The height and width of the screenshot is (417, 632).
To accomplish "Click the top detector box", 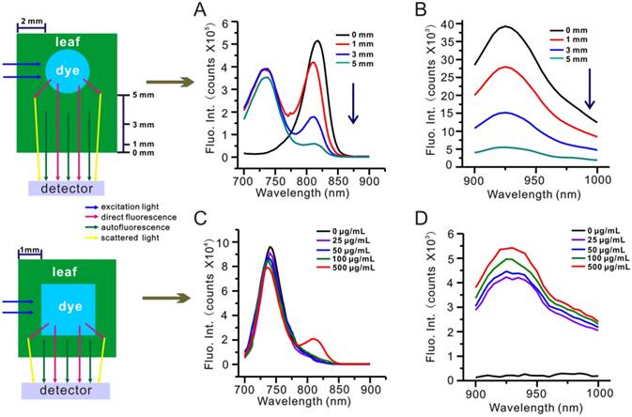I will coord(67,188).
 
